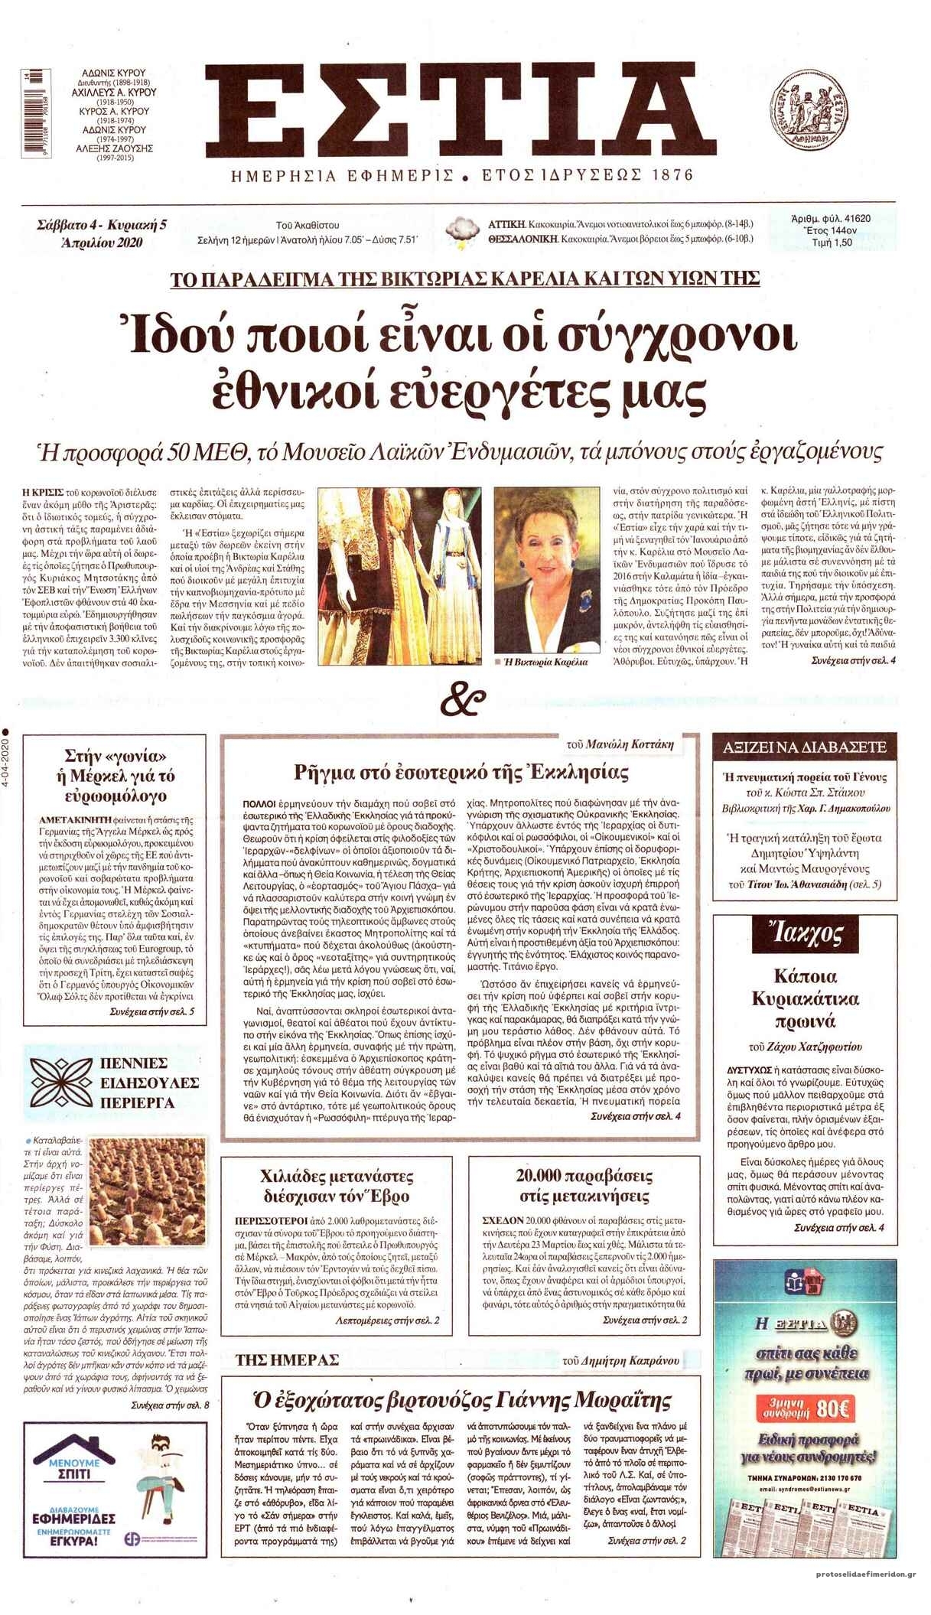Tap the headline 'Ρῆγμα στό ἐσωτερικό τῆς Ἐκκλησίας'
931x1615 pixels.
[461, 772]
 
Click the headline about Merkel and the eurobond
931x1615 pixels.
[116, 775]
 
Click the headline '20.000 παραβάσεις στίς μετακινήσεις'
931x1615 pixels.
[583, 1186]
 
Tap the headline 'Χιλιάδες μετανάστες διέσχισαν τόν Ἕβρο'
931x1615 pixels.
[337, 1186]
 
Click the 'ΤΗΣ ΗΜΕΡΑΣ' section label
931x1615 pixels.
[287, 1359]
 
